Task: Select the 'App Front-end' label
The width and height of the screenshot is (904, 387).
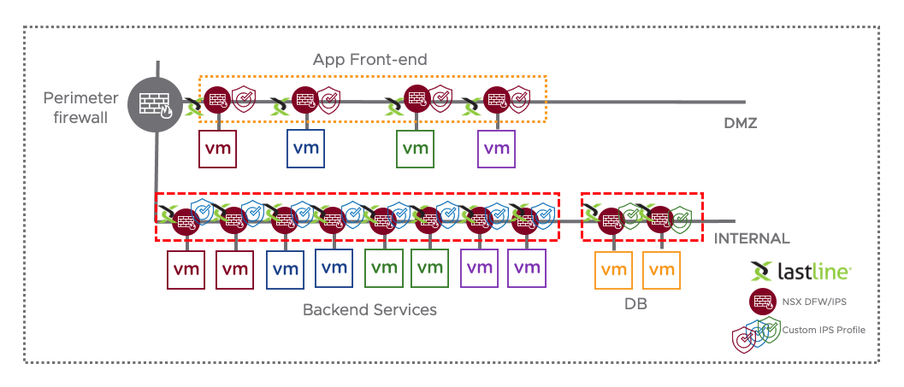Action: (x=369, y=60)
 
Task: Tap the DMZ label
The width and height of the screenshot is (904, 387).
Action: (x=741, y=123)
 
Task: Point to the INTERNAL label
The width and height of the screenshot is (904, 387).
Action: (x=752, y=238)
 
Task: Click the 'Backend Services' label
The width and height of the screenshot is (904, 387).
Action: (x=369, y=309)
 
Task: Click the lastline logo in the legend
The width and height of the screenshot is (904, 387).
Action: (x=801, y=273)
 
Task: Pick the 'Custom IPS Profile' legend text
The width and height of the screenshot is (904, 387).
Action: (x=818, y=330)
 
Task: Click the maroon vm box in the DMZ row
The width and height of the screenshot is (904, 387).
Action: (x=217, y=148)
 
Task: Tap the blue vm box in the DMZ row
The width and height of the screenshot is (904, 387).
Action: (x=306, y=148)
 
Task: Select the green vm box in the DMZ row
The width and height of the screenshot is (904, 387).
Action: (x=415, y=148)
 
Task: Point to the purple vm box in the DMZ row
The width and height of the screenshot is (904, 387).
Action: (x=496, y=148)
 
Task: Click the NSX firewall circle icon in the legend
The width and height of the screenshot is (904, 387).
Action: (x=760, y=301)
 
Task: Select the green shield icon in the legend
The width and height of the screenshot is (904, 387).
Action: (x=771, y=329)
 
